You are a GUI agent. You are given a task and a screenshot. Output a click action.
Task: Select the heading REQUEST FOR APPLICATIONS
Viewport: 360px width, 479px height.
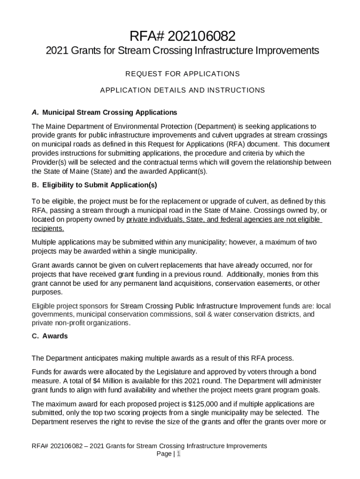click(182, 74)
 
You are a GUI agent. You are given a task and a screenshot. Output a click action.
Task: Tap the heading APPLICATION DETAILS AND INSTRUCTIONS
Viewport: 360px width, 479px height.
click(182, 90)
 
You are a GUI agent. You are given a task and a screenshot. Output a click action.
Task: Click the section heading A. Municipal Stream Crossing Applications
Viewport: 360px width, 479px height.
click(104, 112)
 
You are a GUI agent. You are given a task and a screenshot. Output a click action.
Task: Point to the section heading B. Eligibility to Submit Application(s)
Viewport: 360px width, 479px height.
click(94, 185)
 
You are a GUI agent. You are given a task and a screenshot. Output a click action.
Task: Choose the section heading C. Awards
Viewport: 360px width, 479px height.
click(50, 336)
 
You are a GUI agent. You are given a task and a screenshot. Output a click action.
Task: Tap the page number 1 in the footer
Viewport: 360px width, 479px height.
click(178, 454)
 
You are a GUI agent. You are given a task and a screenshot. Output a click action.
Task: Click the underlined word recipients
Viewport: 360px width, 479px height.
click(47, 228)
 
